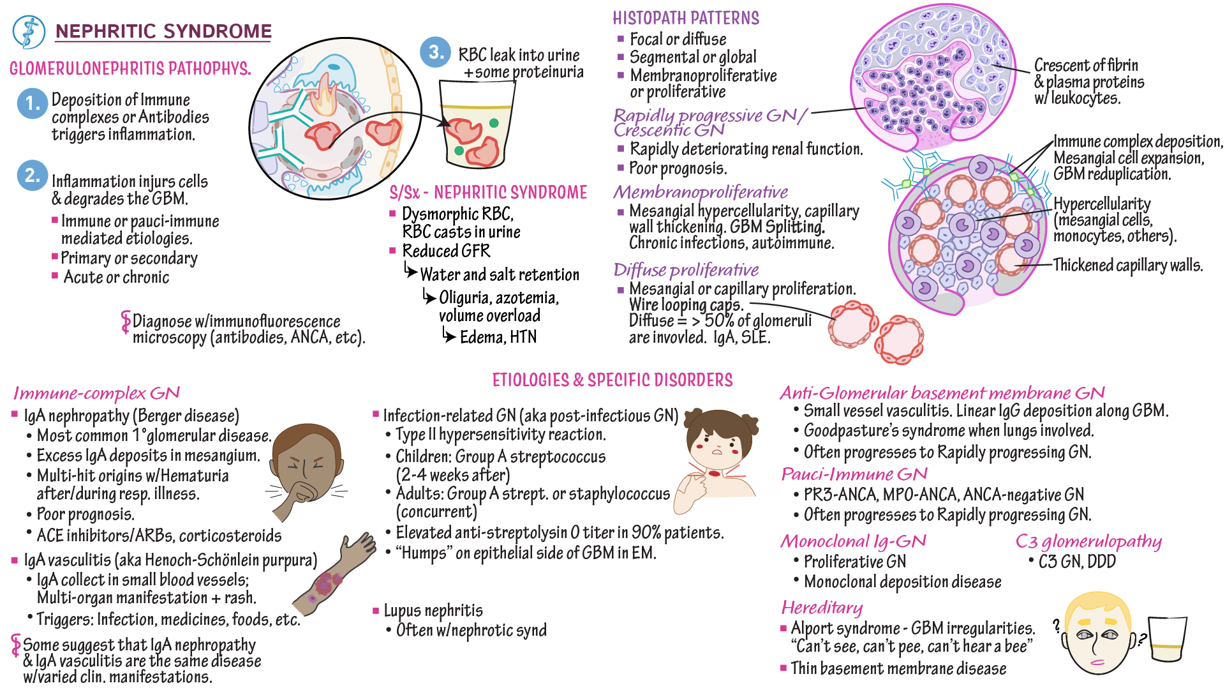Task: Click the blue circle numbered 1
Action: pos(32,103)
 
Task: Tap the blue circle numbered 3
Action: pos(436,52)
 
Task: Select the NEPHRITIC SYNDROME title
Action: pos(163,31)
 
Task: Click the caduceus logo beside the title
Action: pos(29,32)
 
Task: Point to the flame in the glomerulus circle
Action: pos(325,96)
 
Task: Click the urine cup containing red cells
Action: pos(477,128)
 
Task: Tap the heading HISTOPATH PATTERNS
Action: pos(686,18)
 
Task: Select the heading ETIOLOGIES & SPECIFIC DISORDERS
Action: pos(612,380)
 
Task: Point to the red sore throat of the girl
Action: pos(714,473)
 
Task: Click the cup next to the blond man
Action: pos(1168,641)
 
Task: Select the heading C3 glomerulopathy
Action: pos(1088,542)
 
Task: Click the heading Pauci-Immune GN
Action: pos(854,474)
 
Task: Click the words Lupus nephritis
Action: pos(433,611)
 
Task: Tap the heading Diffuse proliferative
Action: pos(686,270)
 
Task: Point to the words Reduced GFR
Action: pos(446,251)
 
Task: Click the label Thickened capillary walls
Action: pos(1127,265)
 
